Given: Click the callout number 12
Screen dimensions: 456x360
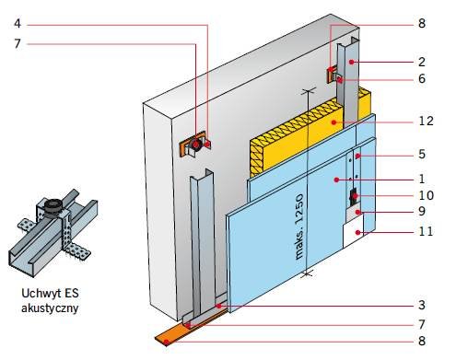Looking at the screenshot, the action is (426, 121).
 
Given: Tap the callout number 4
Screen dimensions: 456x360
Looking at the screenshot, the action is (18, 24).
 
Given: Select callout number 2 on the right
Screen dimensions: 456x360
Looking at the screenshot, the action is (422, 62).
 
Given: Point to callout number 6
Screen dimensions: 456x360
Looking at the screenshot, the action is (422, 79).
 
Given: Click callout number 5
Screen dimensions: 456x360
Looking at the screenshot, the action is (422, 154).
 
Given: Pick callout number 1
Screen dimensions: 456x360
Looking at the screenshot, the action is (422, 179).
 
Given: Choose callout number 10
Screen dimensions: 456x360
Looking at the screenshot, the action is (427, 195).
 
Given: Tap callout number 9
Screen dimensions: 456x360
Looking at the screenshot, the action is (422, 211).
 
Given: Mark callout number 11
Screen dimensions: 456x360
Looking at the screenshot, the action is (426, 231).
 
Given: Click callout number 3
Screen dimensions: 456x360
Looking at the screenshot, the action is (422, 305).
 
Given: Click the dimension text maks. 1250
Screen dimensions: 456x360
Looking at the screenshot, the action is (299, 226).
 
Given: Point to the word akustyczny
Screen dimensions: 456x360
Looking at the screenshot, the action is (50, 308).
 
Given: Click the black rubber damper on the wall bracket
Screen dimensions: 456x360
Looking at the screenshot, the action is (195, 144).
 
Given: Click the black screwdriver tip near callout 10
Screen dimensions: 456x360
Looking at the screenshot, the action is (354, 197).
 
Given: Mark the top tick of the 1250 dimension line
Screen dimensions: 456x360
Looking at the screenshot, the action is (309, 90).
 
